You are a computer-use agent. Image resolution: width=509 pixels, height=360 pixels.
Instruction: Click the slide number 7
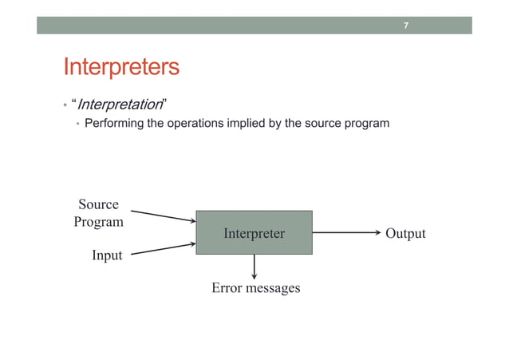[405, 26]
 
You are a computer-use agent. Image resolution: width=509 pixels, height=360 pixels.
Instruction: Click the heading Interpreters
[121, 67]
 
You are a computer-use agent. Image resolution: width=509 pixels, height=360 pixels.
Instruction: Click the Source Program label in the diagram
[98, 213]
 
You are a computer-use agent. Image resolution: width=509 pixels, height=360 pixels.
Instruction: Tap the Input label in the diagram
[106, 255]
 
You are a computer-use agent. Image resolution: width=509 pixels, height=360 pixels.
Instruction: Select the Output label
[405, 234]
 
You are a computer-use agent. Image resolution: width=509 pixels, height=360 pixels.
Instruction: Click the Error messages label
[255, 287]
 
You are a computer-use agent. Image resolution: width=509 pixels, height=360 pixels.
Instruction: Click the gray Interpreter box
[254, 233]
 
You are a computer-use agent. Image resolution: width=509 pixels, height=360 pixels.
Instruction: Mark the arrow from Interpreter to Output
[346, 233]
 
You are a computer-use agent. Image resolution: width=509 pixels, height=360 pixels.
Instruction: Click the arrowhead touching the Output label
[377, 233]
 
